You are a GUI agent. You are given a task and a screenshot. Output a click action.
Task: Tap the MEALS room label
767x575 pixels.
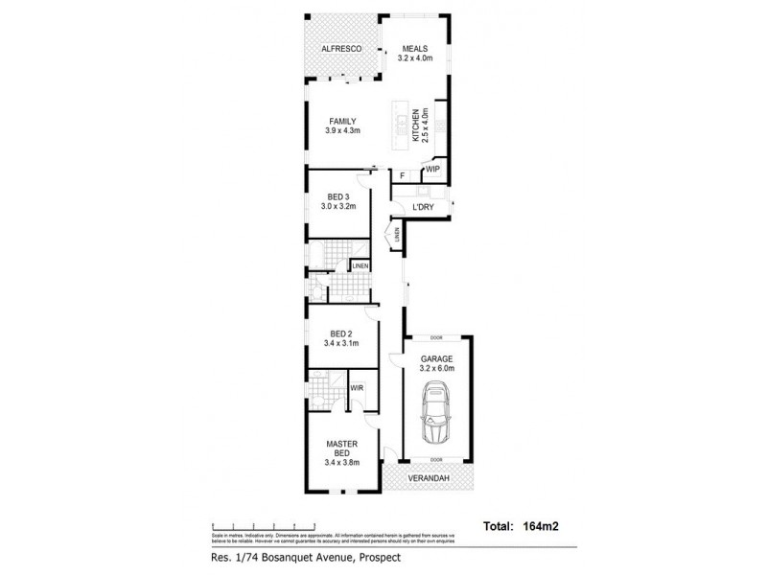(415, 48)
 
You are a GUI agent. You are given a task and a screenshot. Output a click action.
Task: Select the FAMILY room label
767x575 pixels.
(343, 121)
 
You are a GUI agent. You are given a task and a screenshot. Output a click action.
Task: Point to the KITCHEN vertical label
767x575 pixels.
(417, 126)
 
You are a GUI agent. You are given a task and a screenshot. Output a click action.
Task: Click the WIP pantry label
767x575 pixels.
(431, 170)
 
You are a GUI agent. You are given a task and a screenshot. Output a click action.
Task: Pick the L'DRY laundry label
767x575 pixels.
(423, 208)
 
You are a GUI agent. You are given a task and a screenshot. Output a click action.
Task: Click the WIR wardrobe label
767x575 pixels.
(356, 387)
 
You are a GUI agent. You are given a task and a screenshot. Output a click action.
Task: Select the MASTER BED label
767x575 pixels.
(342, 448)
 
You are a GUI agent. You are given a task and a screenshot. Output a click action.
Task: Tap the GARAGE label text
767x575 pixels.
(436, 357)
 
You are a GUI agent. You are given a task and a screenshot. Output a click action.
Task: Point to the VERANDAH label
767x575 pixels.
(430, 478)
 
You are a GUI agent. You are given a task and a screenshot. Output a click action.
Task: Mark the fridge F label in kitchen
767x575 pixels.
(403, 175)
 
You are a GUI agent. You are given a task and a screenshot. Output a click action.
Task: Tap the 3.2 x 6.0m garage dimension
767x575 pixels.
(436, 367)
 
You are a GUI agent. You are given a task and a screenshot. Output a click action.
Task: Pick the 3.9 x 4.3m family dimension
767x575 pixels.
(343, 130)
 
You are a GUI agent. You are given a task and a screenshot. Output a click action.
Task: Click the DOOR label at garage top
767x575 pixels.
(436, 338)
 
